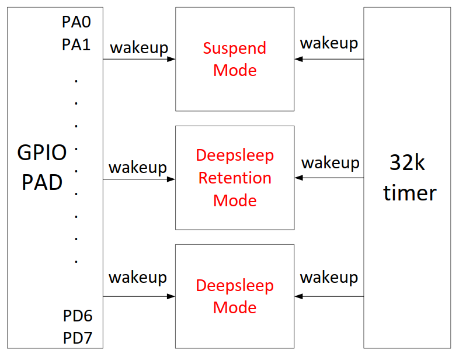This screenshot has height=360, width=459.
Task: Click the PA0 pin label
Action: coord(76,23)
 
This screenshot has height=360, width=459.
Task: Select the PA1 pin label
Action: coord(76,44)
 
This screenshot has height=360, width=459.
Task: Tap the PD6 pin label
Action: coord(78,316)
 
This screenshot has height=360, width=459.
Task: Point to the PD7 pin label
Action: coord(78,338)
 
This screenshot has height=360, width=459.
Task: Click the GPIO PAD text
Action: coord(42,168)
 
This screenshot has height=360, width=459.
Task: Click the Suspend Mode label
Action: coord(235,59)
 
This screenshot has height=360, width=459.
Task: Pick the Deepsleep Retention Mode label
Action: coord(235,178)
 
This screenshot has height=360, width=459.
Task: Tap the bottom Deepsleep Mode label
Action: coord(235,296)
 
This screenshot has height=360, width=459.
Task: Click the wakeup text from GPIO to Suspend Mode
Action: coord(139,47)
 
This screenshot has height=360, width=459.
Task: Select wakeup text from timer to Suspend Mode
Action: coord(329,43)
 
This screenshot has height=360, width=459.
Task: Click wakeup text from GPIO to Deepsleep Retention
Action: coord(138,167)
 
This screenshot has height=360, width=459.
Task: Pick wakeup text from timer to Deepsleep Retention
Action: coord(330,162)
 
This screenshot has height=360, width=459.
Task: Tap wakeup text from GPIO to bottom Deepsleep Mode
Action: coord(138,277)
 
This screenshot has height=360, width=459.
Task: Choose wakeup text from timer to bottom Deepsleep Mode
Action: coord(329,277)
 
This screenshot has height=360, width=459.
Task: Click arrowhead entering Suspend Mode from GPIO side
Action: coord(172,59)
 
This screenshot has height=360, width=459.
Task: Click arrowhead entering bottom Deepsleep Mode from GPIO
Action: coord(172,296)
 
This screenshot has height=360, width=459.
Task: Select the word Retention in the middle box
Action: coord(235,178)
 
